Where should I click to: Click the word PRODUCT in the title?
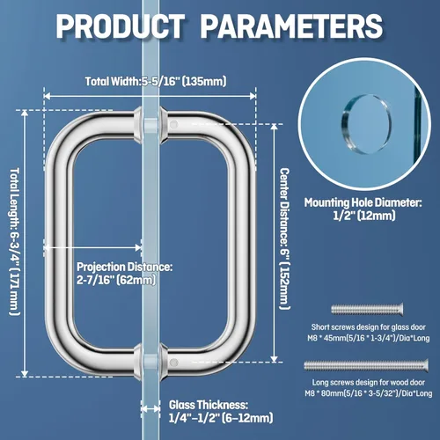(x=121, y=26)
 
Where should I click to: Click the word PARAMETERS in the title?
(x=292, y=26)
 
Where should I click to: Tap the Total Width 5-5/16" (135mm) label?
(x=156, y=81)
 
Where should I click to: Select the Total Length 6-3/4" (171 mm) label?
(x=15, y=241)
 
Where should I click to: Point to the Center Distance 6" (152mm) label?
(x=284, y=238)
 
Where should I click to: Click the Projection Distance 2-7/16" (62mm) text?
(x=125, y=274)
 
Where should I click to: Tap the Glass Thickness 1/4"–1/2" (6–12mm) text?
(x=221, y=411)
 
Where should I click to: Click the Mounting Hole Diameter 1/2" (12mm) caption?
(x=363, y=209)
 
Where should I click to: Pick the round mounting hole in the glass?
(x=366, y=124)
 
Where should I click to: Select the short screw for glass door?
(x=367, y=309)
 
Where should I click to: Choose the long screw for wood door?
(x=366, y=365)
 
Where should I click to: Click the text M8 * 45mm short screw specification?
(x=369, y=338)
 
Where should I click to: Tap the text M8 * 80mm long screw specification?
(x=369, y=393)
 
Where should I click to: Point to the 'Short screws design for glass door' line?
(x=369, y=326)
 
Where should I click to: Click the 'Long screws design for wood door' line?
(x=369, y=382)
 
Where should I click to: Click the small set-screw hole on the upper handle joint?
(x=174, y=124)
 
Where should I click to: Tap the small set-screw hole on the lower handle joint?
(x=174, y=363)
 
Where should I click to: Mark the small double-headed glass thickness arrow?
(x=150, y=408)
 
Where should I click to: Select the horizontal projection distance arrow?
(x=92, y=247)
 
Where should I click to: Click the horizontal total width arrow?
(x=150, y=96)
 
